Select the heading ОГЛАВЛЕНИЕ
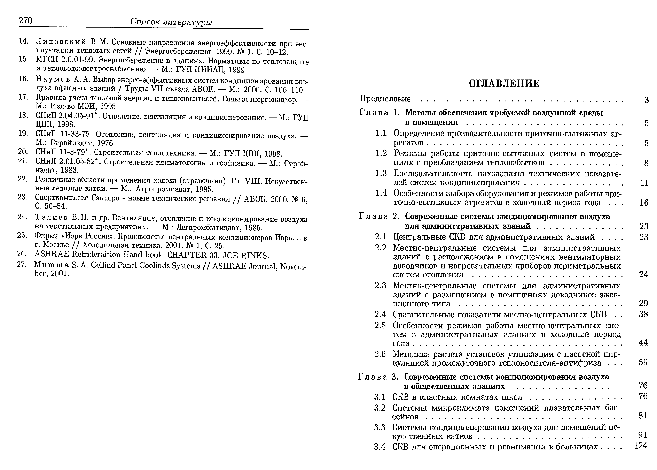(x=504, y=84)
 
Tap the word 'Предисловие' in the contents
(x=385, y=99)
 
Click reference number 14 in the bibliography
(x=23, y=41)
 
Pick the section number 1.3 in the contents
(x=381, y=173)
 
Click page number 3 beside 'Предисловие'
(x=647, y=100)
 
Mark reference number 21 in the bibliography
(x=23, y=161)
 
